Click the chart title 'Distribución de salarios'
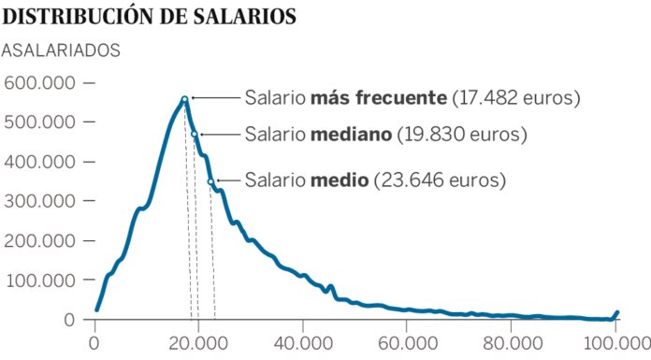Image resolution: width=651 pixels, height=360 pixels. pyautogui.click(x=151, y=16)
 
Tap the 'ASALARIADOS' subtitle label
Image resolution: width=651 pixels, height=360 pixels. pyautogui.click(x=63, y=50)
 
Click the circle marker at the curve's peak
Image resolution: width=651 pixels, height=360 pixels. pyautogui.click(x=185, y=98)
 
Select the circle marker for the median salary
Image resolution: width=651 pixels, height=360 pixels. pyautogui.click(x=195, y=135)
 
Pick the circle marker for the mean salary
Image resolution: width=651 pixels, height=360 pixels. pyautogui.click(x=210, y=181)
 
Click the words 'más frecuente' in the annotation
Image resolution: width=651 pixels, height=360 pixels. pyautogui.click(x=379, y=98)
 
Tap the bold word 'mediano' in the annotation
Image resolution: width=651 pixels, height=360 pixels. pyautogui.click(x=350, y=135)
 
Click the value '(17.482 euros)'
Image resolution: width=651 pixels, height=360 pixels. pyautogui.click(x=516, y=98)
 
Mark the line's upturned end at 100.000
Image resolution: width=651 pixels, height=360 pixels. pyautogui.click(x=616, y=313)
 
